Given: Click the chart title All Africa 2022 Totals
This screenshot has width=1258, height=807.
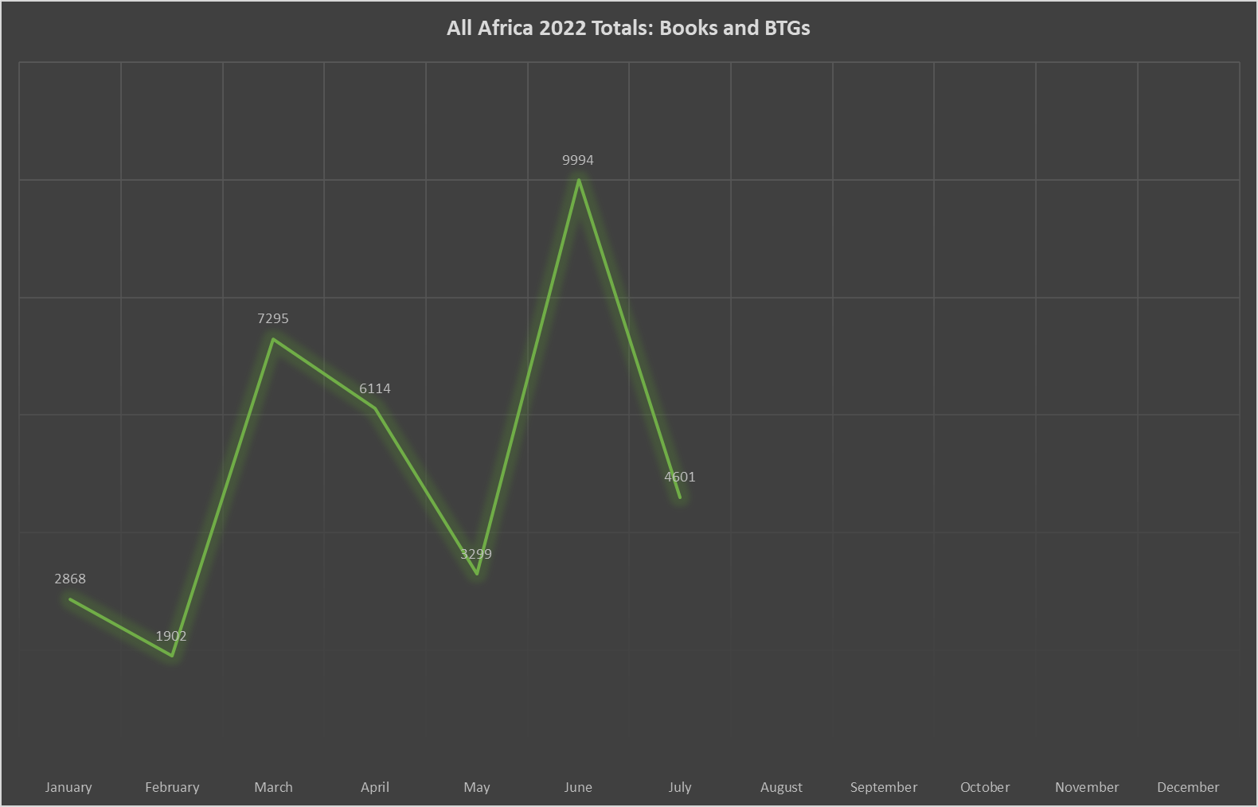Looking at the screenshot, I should (x=628, y=28).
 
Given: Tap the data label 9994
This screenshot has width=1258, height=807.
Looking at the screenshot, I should (x=578, y=160).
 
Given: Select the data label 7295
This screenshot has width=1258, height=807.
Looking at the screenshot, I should (x=273, y=318).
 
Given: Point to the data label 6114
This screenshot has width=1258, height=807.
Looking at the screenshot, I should (x=375, y=388).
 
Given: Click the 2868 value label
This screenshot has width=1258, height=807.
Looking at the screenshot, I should (x=70, y=579).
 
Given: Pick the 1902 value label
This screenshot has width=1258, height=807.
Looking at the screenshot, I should (x=171, y=636).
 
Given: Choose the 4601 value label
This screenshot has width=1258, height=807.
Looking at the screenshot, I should (x=680, y=477).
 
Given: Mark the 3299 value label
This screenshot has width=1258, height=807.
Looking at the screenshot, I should (x=476, y=554).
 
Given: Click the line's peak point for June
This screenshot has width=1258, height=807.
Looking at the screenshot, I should (x=579, y=180).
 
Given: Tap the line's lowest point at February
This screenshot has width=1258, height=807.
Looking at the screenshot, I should (x=172, y=656).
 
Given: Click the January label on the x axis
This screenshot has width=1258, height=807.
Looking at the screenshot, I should (x=68, y=787).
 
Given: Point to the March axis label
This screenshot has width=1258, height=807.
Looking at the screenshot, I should (x=273, y=787).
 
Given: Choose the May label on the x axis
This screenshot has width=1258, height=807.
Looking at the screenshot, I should (x=477, y=787).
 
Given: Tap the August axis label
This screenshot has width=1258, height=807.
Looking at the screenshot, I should (x=781, y=787).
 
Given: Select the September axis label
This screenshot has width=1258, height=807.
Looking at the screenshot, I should (x=884, y=787).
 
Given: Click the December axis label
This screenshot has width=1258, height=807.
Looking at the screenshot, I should (x=1188, y=787).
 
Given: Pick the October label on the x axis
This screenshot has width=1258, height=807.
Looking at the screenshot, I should (x=985, y=787).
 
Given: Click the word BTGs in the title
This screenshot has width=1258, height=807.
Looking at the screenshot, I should (x=787, y=28).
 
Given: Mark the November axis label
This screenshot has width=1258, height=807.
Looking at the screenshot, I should (x=1087, y=787).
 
